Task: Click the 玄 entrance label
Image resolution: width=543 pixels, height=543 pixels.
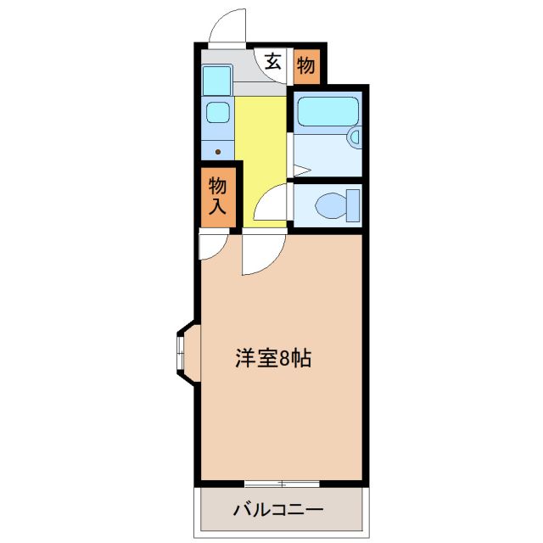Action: click(273, 62)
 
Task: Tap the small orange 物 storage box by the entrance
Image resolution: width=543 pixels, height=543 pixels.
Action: click(307, 64)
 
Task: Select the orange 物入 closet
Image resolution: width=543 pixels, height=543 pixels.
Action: click(218, 195)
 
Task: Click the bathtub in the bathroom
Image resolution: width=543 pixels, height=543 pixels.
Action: click(327, 111)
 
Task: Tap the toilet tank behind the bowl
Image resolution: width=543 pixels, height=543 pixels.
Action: click(353, 205)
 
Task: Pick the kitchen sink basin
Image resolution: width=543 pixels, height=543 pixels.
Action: click(218, 112)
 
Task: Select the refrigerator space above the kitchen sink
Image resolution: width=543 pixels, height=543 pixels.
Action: click(217, 80)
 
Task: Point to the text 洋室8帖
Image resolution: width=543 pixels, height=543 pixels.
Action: click(273, 358)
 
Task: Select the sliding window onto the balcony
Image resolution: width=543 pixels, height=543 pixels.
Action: click(282, 484)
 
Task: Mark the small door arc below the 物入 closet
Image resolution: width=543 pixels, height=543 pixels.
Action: click(212, 246)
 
